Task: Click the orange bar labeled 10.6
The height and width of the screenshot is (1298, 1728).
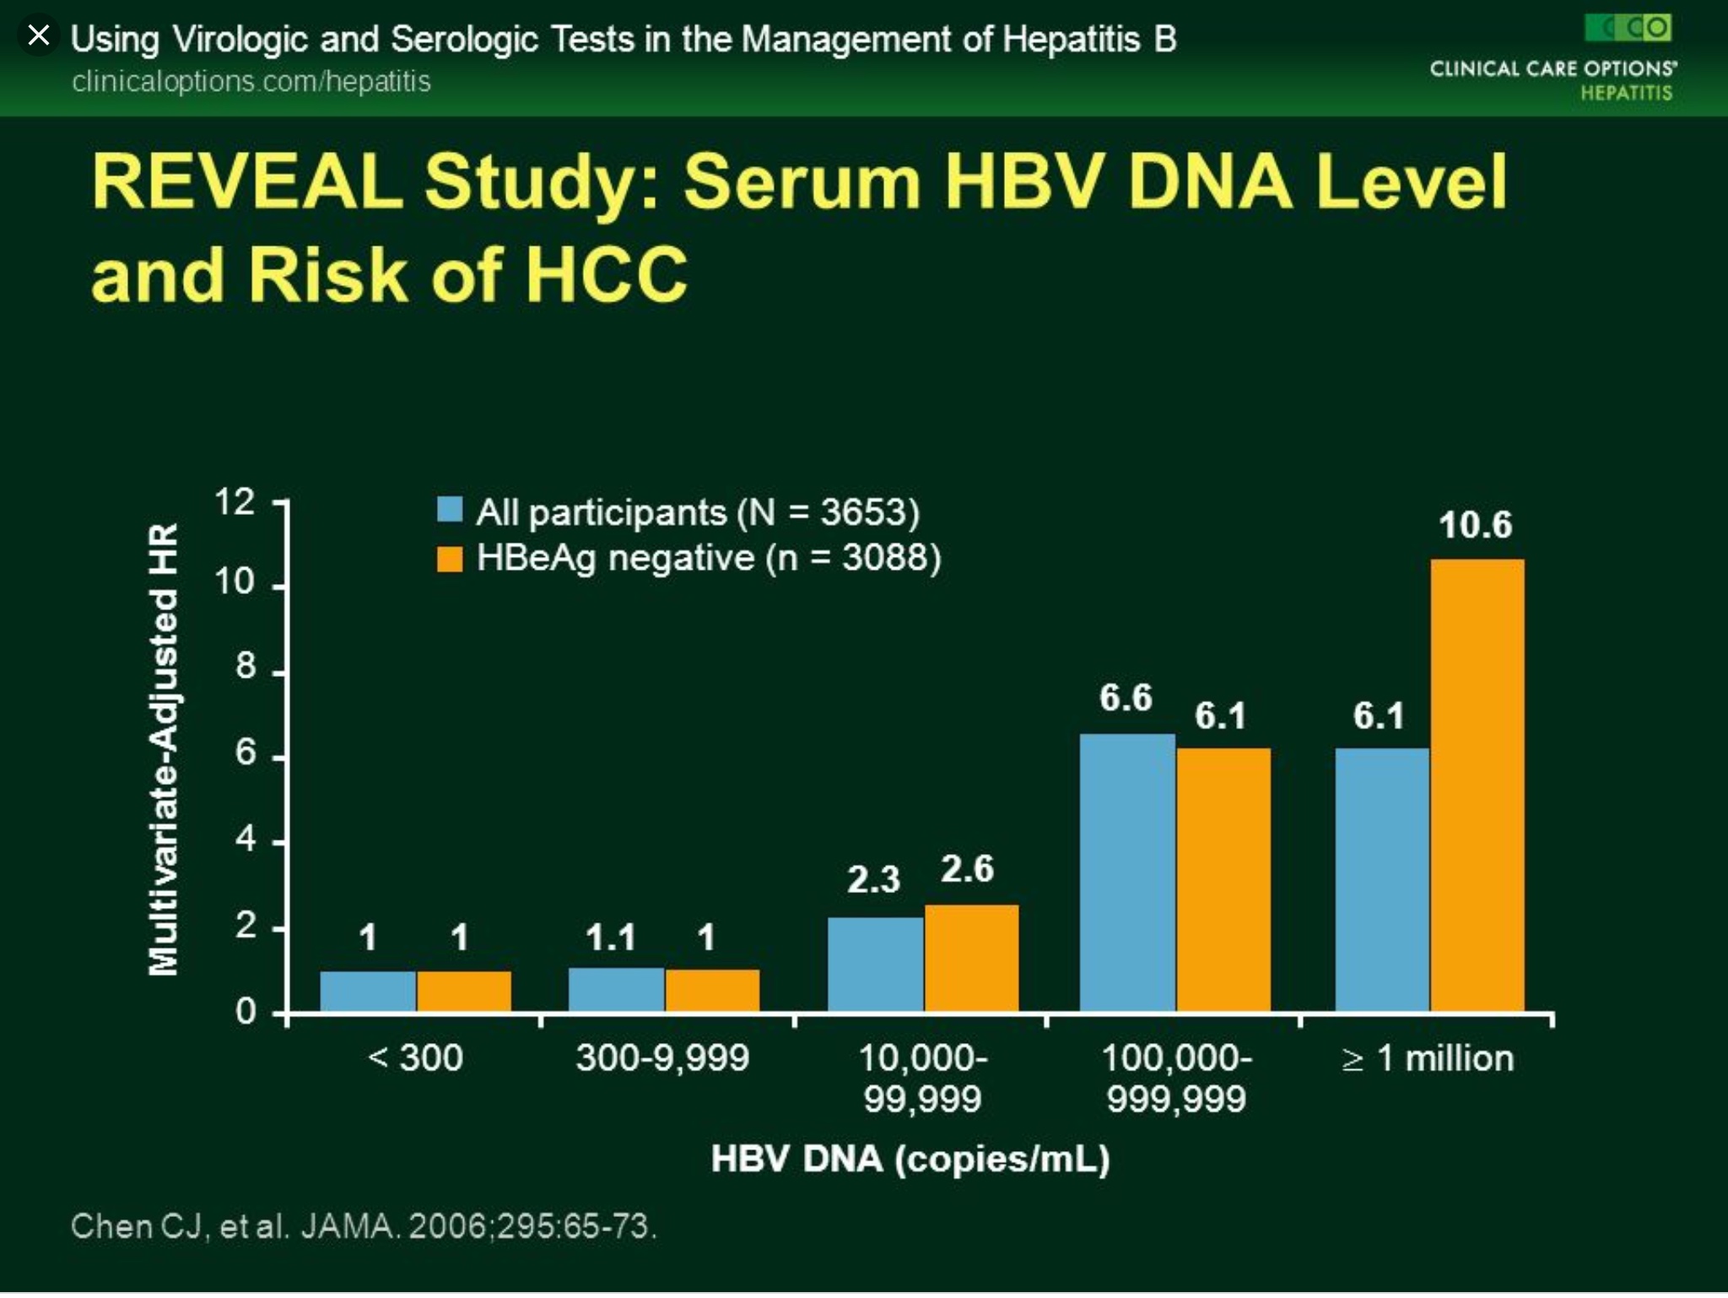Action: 1477,785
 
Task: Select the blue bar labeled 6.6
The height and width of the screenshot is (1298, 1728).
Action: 1127,873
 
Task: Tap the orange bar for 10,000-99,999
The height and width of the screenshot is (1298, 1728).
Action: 971,958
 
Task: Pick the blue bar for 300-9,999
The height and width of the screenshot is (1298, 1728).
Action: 617,989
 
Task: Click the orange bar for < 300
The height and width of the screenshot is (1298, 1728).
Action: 463,991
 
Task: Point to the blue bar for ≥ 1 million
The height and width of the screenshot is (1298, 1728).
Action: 1382,879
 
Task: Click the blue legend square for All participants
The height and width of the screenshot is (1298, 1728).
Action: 450,510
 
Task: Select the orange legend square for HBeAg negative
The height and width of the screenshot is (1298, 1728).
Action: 450,559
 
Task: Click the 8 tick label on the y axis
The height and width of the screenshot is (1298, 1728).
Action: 246,667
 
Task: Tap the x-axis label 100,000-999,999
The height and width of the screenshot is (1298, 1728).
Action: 1176,1079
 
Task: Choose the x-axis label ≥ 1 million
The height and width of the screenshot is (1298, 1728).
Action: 1428,1058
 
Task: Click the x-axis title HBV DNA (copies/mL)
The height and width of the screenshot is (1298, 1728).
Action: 910,1160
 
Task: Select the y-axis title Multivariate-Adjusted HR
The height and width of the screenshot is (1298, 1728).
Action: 163,749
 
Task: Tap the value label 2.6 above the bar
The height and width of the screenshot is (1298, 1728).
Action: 967,869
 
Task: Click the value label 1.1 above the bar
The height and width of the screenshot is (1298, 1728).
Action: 610,938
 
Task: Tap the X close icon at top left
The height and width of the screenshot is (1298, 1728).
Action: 38,35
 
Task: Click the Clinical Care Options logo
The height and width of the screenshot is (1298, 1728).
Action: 1552,57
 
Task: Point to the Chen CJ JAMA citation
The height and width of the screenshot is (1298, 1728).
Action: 364,1226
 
